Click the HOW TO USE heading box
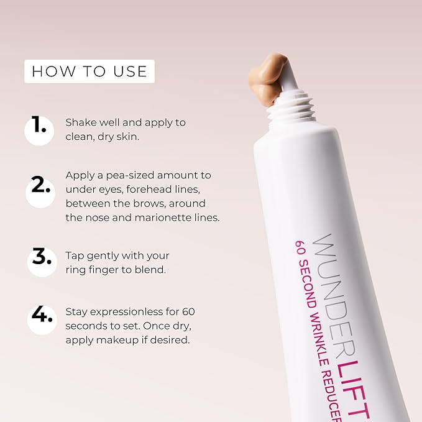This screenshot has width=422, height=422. pyautogui.click(x=89, y=71)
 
